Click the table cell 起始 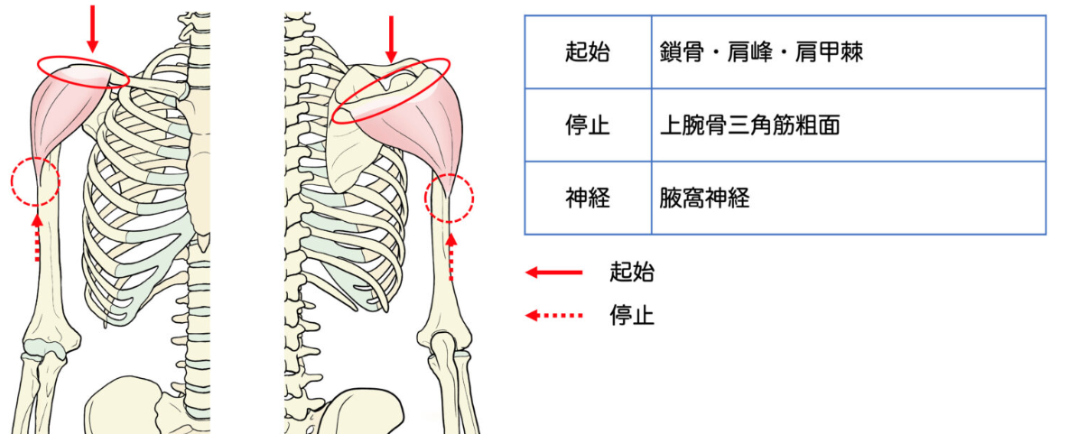(x=588, y=52)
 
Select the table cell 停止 (x=588, y=125)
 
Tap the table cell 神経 (x=588, y=199)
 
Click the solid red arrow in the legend (x=553, y=272)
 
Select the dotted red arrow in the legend (x=553, y=316)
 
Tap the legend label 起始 (x=632, y=272)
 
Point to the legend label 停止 (x=632, y=316)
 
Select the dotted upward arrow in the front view (x=37, y=236)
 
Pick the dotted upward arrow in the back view (x=451, y=254)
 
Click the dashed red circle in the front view (x=34, y=181)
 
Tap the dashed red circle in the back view (x=449, y=198)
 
